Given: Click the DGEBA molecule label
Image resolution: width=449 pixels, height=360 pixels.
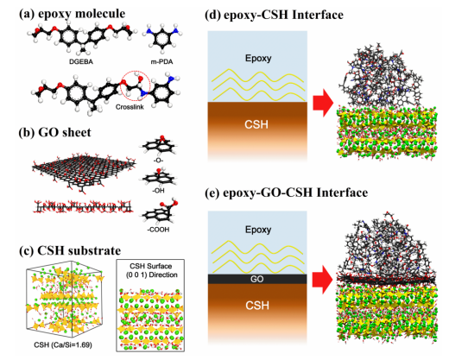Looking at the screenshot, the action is [x=81, y=61].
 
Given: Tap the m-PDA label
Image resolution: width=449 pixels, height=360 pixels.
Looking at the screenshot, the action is [x=161, y=61].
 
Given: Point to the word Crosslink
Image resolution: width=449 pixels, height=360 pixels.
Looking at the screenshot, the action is [x=130, y=107].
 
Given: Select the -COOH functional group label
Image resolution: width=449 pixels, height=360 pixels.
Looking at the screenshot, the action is [x=158, y=230].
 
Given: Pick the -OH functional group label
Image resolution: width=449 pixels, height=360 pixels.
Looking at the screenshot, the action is [x=158, y=191].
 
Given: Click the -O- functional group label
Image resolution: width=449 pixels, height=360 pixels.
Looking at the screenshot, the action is [x=158, y=160].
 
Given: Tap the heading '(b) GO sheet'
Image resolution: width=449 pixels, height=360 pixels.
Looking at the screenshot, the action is [x=54, y=132].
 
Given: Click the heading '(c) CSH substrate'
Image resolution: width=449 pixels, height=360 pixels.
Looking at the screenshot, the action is [x=70, y=250].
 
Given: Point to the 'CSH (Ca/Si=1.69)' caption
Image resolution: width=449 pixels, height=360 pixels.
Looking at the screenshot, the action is [x=63, y=344].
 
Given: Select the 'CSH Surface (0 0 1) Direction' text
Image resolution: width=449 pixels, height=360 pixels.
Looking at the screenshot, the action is [x=151, y=270].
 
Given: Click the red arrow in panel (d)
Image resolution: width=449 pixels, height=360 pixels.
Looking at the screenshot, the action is [x=323, y=103].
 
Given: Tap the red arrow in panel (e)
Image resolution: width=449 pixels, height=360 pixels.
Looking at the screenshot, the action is [x=323, y=280].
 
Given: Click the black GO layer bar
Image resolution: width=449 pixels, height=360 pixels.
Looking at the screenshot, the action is [x=257, y=279].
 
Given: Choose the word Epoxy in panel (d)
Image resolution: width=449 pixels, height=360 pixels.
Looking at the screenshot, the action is [x=258, y=58].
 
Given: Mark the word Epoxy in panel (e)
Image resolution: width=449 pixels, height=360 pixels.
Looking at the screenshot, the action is [x=258, y=230].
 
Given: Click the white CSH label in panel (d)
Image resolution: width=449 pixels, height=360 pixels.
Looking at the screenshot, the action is [x=256, y=124].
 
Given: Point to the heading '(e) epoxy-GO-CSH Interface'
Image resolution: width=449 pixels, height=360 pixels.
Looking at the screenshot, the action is [x=286, y=193].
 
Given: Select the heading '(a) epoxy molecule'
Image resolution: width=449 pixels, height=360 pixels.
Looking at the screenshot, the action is [x=72, y=14].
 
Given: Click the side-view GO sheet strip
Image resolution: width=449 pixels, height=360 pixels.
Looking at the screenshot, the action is [x=84, y=206].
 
